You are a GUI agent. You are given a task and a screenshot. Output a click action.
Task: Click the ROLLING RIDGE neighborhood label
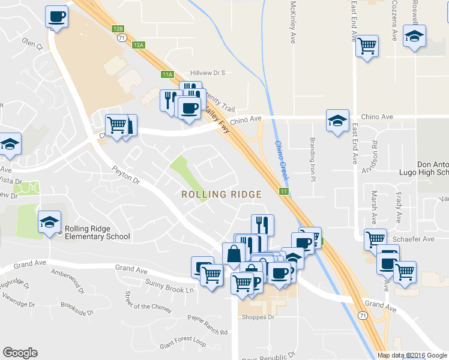pos(221,194)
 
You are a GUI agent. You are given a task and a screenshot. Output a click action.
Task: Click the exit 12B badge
pos(118,28)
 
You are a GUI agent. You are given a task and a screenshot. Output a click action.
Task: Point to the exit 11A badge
pos(167,74)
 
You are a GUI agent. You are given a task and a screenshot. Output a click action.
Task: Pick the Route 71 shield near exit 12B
pos(122,37)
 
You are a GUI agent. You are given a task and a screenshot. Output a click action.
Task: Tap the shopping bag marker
pos(233,254)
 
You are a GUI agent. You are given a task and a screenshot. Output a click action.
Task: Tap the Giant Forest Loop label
pos(182,343)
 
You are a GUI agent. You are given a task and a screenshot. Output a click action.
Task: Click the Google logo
pos(20,353)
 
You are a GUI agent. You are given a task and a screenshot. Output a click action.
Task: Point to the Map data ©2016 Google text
pos(412,355)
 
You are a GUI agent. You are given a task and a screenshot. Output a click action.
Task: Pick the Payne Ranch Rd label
pos(208,325)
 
